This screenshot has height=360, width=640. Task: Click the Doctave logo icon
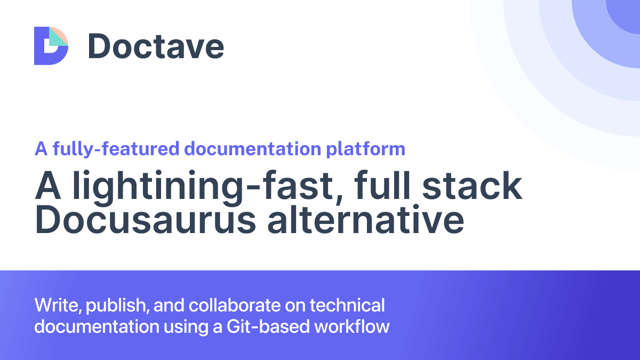(x=51, y=46)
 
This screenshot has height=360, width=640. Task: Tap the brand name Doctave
(x=156, y=46)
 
